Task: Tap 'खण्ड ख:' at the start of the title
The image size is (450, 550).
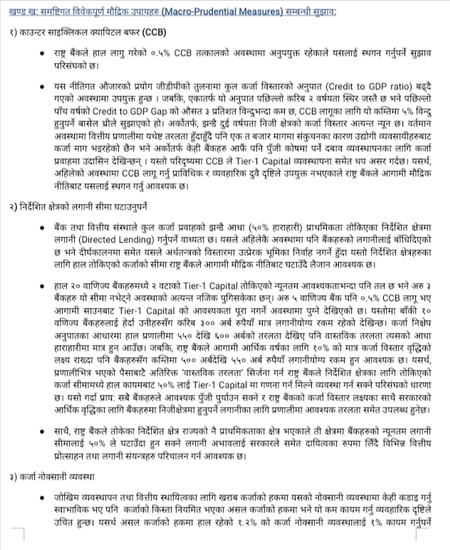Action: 21,12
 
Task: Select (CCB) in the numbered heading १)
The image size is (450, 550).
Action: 153,33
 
